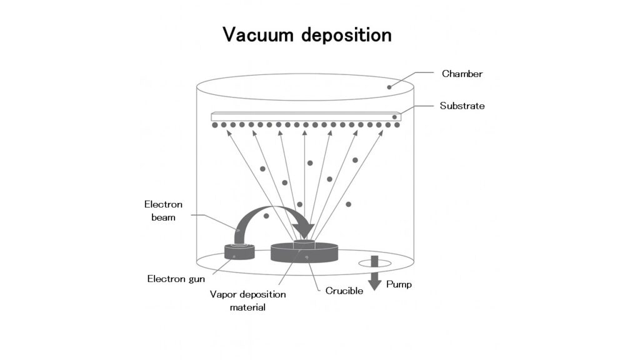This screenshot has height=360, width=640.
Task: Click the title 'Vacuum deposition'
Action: [x=307, y=35]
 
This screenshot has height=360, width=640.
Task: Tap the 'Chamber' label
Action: [x=462, y=74]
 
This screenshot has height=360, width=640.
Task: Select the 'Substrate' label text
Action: [x=462, y=106]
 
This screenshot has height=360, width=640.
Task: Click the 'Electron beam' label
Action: [x=163, y=211]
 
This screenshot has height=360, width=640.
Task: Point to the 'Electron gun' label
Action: [x=176, y=279]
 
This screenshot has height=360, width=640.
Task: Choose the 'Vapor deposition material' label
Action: [x=247, y=301]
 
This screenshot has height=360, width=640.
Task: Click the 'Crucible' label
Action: [x=344, y=291]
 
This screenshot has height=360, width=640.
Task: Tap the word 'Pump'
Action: [x=399, y=284]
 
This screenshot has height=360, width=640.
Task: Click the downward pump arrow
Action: [x=375, y=273]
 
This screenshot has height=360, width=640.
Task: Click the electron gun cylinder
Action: [x=239, y=251]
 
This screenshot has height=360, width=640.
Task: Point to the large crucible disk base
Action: [x=304, y=253]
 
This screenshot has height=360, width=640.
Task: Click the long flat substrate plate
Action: [x=306, y=117]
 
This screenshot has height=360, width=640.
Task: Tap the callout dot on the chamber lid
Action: [x=389, y=87]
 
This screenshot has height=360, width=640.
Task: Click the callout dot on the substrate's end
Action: [x=394, y=117]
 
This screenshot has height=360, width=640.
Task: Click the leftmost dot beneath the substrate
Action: [x=215, y=125]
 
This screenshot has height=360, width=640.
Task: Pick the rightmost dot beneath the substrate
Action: [x=397, y=125]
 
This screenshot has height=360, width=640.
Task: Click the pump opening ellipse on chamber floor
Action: [x=375, y=263]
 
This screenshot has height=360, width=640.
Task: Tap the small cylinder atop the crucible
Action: [x=304, y=243]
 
